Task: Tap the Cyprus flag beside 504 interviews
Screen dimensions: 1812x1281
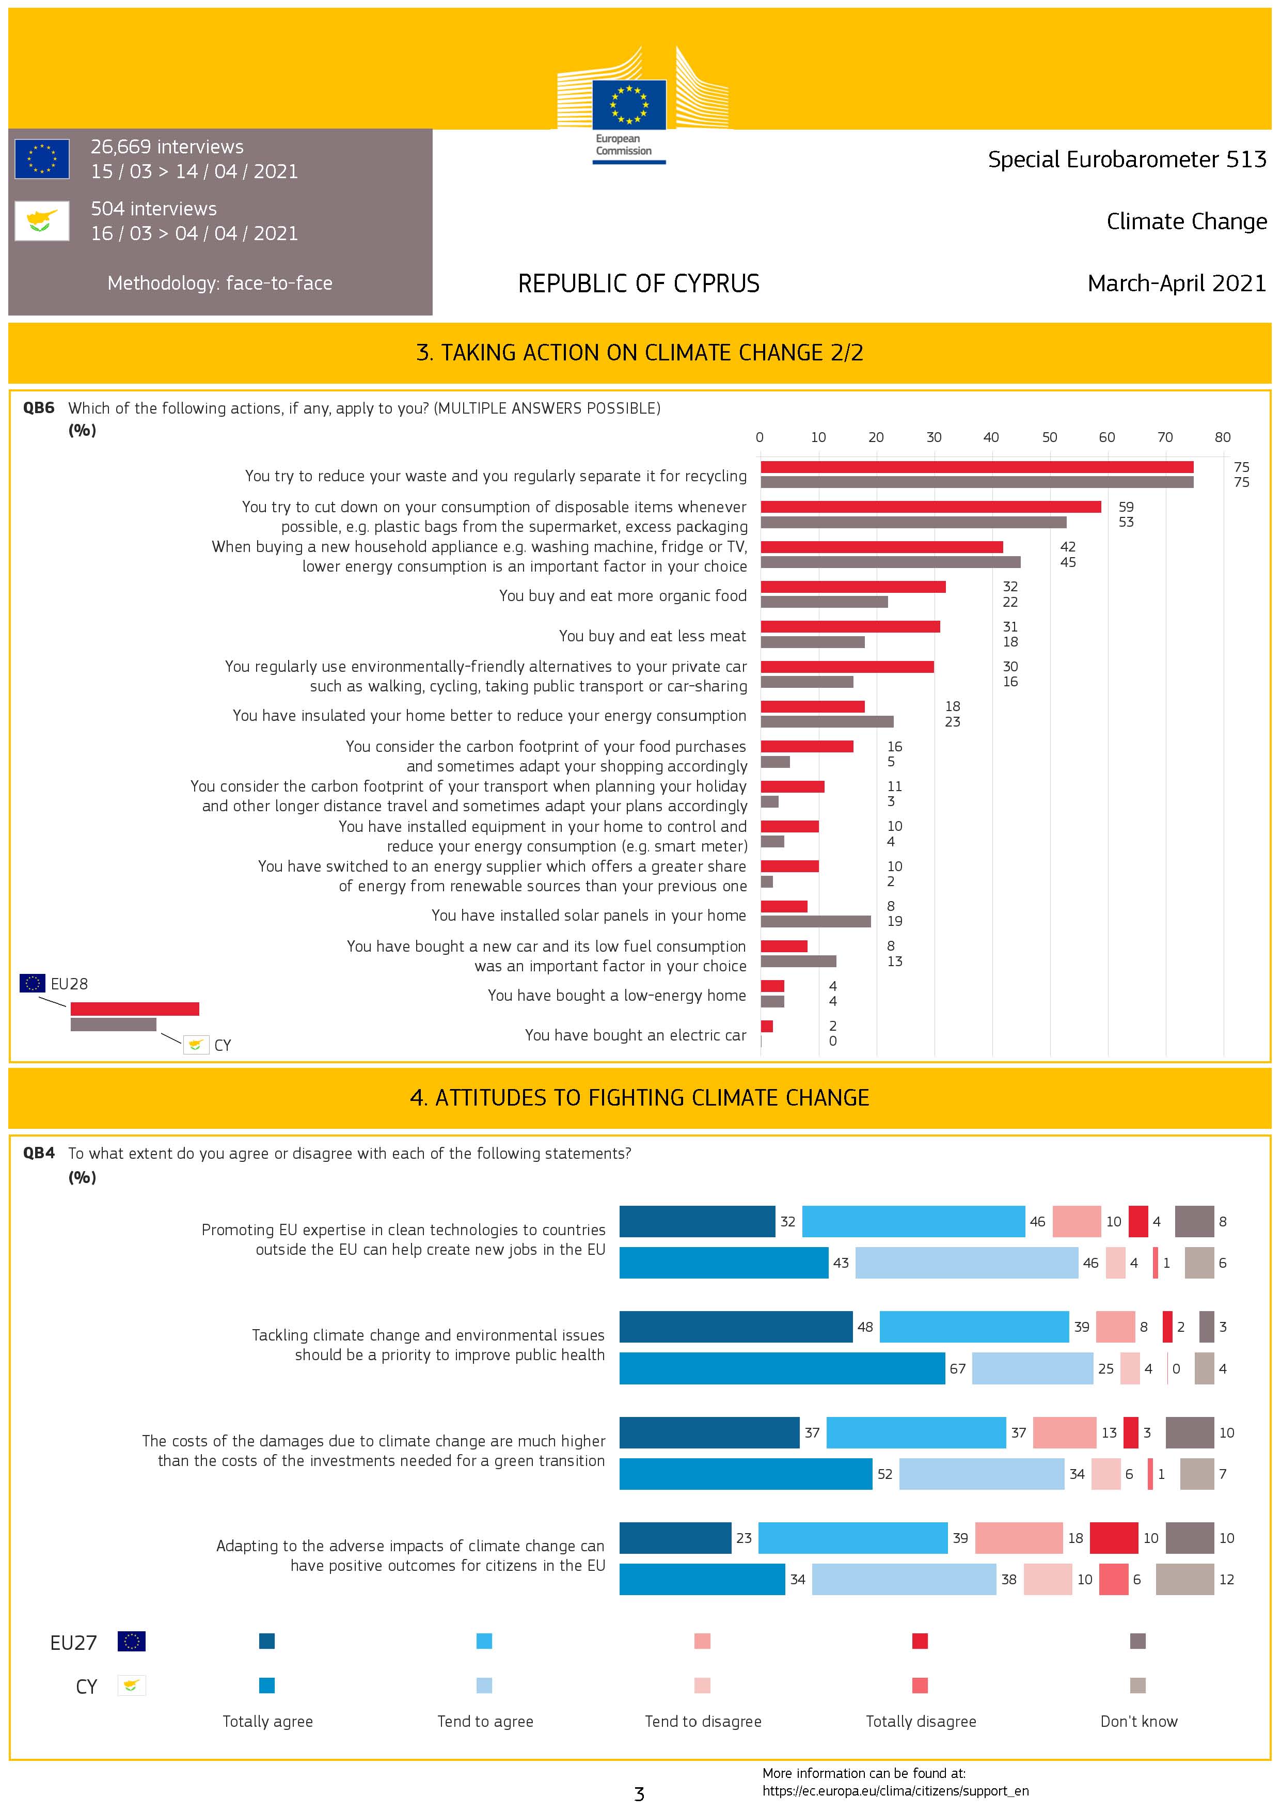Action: pos(42,220)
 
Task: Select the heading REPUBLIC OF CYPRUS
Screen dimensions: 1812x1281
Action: pos(639,283)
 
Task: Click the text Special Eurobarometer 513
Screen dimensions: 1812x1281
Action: pos(1126,160)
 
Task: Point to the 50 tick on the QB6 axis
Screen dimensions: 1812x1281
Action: pos(1049,437)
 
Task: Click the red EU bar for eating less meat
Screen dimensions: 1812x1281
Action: pos(850,626)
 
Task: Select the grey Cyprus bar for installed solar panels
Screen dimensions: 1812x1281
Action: pos(815,921)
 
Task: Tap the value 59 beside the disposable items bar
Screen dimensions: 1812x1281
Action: pos(1126,507)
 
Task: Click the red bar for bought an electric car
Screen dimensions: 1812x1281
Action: pos(766,1026)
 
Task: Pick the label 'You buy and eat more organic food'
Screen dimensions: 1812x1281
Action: pos(622,596)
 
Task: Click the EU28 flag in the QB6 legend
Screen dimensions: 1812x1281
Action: pos(33,983)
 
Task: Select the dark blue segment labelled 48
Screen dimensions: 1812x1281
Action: pos(736,1327)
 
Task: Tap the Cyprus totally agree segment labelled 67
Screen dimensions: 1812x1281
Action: pos(781,1368)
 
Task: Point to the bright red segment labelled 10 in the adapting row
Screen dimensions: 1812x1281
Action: pos(1114,1537)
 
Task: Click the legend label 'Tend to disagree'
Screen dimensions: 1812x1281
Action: pos(702,1721)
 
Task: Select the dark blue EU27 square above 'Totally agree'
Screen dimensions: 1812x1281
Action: pos(267,1641)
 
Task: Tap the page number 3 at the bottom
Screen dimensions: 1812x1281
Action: pos(639,1794)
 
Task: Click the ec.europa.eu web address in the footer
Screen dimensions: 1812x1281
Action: pos(895,1791)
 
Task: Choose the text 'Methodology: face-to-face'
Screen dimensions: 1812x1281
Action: pos(219,283)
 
